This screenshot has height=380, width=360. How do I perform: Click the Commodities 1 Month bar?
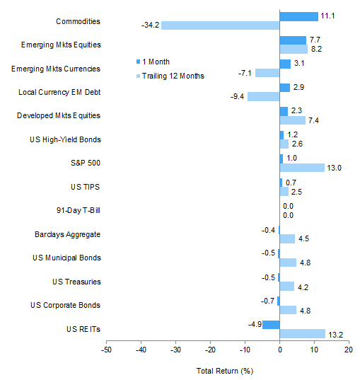coord(298,17)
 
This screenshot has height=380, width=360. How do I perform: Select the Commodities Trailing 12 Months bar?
coord(221,25)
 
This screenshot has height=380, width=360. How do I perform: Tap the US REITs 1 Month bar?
coord(271,325)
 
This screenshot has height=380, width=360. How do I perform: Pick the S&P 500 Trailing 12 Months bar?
coord(302,168)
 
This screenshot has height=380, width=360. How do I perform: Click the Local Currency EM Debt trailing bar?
coord(264,96)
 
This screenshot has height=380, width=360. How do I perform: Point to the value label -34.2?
coord(151,25)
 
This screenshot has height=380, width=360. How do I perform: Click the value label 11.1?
coord(327,16)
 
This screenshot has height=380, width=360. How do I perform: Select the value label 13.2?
coord(335,335)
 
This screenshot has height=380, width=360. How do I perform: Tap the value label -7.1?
coord(245,73)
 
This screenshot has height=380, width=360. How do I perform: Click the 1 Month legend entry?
coord(153,62)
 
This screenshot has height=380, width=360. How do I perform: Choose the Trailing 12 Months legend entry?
coord(170,76)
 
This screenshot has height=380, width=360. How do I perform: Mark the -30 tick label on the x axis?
coord(175,350)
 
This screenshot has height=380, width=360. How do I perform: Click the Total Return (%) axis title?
coord(225,371)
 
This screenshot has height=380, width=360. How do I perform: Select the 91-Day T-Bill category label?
coord(79,210)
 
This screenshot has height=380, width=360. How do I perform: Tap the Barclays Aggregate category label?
coord(67,235)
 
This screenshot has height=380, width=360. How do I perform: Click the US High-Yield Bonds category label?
coord(65,139)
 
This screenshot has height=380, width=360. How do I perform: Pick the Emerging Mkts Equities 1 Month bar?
coord(293,40)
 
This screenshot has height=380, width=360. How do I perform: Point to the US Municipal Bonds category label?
coord(66,258)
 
